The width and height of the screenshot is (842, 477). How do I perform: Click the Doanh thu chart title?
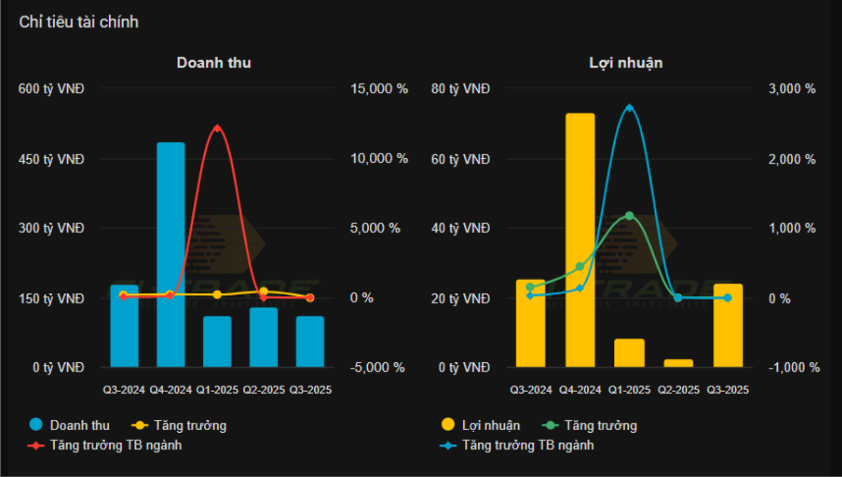click(x=214, y=62)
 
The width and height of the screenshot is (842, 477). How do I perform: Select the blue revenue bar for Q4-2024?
click(x=171, y=255)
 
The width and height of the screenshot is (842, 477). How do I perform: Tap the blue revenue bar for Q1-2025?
click(x=217, y=342)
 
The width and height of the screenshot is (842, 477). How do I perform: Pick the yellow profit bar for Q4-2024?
click(x=580, y=240)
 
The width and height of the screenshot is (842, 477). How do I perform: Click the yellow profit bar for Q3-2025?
click(x=727, y=325)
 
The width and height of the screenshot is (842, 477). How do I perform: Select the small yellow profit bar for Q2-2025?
click(x=678, y=363)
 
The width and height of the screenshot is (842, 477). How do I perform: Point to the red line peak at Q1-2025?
click(x=217, y=128)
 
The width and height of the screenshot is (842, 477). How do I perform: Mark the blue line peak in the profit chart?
click(x=629, y=107)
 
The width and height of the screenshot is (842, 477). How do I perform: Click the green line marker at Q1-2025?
click(x=629, y=216)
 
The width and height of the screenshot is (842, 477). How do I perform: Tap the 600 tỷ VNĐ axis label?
click(x=51, y=89)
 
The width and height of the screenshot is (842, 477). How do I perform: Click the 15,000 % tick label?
click(x=380, y=89)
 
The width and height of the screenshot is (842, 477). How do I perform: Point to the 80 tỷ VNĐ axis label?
click(x=460, y=89)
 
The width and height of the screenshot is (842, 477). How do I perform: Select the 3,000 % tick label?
click(x=792, y=89)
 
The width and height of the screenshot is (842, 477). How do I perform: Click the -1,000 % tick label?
click(x=792, y=368)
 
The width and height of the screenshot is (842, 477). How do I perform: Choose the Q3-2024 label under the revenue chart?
click(x=125, y=390)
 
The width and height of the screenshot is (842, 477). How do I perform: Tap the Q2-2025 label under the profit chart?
click(x=678, y=390)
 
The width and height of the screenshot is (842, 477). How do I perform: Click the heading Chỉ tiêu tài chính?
click(x=79, y=22)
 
